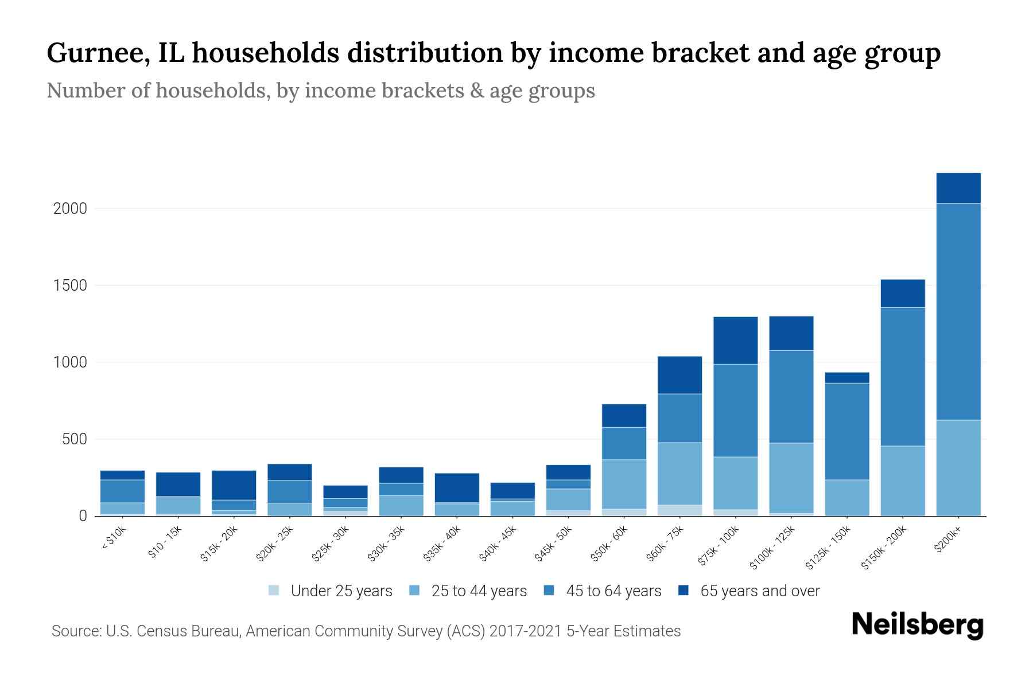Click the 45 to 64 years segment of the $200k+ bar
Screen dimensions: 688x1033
pyautogui.click(x=958, y=311)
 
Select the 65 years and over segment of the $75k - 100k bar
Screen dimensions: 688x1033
pyautogui.click(x=736, y=340)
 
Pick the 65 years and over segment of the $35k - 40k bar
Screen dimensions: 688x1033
pyautogui.click(x=457, y=487)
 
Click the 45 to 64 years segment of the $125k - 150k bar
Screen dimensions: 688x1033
pyautogui.click(x=847, y=431)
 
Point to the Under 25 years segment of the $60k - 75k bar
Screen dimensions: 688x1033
pyautogui.click(x=680, y=510)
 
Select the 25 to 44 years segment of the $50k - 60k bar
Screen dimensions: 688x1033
pyautogui.click(x=624, y=484)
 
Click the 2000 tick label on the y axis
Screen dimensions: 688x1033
pyautogui.click(x=70, y=209)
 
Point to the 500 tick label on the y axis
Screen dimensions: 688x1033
pyautogui.click(x=75, y=440)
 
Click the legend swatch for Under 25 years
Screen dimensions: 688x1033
pyautogui.click(x=274, y=591)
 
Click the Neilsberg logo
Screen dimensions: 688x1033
pyautogui.click(x=917, y=625)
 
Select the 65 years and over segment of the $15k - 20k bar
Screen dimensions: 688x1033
pyautogui.click(x=234, y=485)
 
